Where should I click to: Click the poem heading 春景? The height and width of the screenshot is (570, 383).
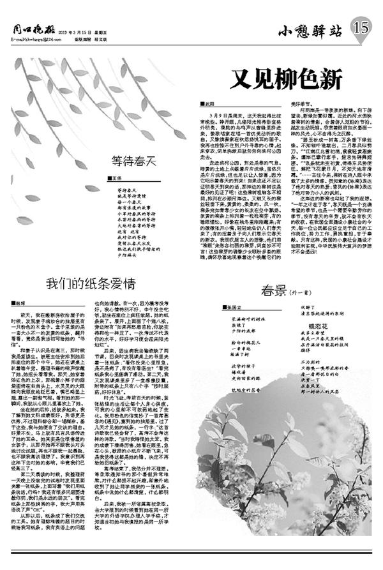click(272, 292)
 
